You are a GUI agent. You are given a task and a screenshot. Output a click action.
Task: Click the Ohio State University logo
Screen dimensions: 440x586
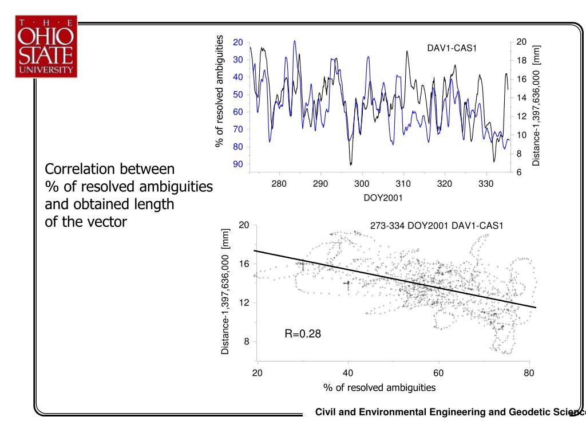click(46, 46)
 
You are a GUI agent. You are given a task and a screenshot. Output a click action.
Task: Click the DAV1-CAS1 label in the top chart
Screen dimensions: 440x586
click(452, 48)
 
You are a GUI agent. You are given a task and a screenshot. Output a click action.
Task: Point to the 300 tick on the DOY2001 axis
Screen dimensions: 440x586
click(362, 184)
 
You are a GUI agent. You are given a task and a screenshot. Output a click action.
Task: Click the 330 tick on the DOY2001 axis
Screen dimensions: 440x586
click(486, 184)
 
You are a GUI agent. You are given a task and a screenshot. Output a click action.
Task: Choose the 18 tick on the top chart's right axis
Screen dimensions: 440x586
click(521, 61)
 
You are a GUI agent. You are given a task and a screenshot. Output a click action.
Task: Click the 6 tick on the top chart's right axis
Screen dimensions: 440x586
click(519, 172)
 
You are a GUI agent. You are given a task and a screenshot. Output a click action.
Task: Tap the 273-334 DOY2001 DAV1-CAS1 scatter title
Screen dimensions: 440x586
click(436, 226)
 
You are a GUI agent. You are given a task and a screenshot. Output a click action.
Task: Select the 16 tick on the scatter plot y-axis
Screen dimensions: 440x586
click(244, 264)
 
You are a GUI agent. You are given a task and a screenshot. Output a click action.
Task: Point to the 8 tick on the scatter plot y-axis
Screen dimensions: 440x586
click(247, 341)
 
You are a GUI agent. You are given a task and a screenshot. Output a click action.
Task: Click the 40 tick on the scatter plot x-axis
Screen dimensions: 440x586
click(348, 374)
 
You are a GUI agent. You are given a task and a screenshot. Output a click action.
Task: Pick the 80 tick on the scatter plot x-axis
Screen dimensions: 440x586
click(529, 374)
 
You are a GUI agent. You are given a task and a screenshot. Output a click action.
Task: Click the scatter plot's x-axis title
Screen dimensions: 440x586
click(379, 388)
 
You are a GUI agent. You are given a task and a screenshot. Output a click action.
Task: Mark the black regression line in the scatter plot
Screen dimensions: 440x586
click(395, 279)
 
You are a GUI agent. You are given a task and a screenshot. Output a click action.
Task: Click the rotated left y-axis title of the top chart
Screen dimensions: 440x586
click(220, 91)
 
